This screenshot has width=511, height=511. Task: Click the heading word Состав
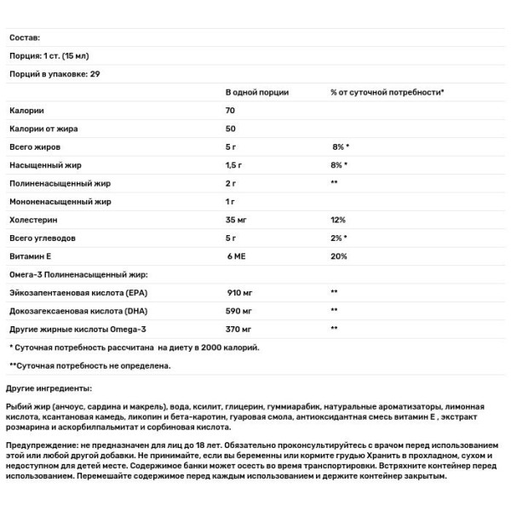tap(25, 37)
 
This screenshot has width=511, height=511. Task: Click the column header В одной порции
tap(256, 92)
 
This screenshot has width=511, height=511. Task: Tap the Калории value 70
tap(230, 110)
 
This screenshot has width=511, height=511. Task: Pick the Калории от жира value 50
tap(230, 129)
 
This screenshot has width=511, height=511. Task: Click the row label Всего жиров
tap(34, 146)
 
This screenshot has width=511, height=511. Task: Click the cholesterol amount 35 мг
tap(237, 220)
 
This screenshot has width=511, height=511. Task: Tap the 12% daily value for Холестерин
tap(338, 220)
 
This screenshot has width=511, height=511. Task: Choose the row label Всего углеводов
tap(40, 238)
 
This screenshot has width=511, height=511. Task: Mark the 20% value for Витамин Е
tap(339, 256)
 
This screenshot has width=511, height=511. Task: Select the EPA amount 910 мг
tap(240, 292)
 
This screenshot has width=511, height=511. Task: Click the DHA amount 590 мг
tap(240, 310)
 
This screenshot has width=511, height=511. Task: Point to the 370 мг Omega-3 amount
tap(240, 328)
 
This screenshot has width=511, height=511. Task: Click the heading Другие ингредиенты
tap(46, 388)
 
